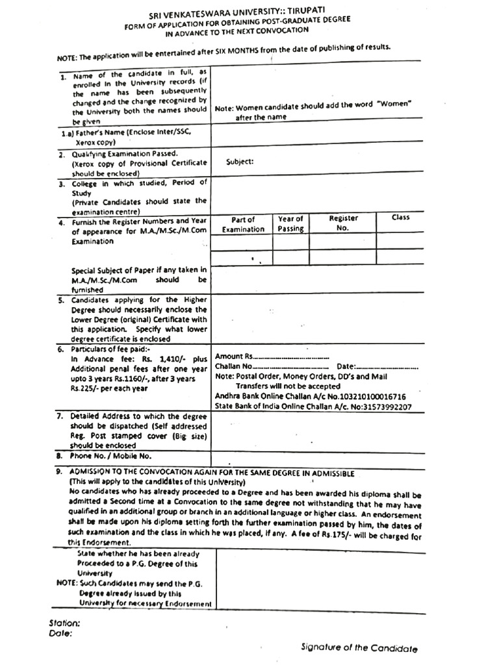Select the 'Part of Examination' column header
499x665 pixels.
[x=243, y=224]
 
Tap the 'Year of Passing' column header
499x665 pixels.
[x=290, y=224]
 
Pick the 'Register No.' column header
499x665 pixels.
[x=343, y=223]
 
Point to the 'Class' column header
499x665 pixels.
[x=400, y=218]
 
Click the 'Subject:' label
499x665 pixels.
[x=240, y=162]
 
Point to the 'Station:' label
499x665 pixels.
[x=64, y=622]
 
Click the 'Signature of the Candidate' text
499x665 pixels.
[x=359, y=647]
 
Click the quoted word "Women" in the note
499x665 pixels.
[x=392, y=105]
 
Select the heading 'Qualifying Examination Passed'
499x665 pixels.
[x=120, y=154]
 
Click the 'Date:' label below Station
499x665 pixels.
[x=60, y=633]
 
